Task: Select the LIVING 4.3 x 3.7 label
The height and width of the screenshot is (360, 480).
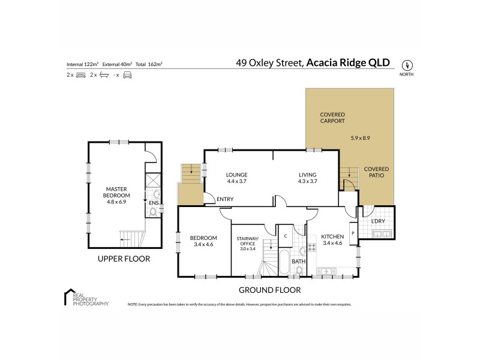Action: pos(307,178)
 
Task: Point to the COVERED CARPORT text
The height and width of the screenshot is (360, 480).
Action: pos(332,118)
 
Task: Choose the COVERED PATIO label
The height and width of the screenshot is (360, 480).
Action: pos(376,172)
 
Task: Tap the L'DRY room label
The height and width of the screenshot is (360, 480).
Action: pos(377,221)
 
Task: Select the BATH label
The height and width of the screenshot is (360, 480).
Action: pos(298,262)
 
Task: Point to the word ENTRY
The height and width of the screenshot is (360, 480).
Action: pos(226,200)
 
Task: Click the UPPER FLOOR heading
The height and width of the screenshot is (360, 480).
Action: pos(124,260)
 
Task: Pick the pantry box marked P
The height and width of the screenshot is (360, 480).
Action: pos(353,233)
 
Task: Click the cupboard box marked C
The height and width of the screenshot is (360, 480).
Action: pos(286,236)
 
